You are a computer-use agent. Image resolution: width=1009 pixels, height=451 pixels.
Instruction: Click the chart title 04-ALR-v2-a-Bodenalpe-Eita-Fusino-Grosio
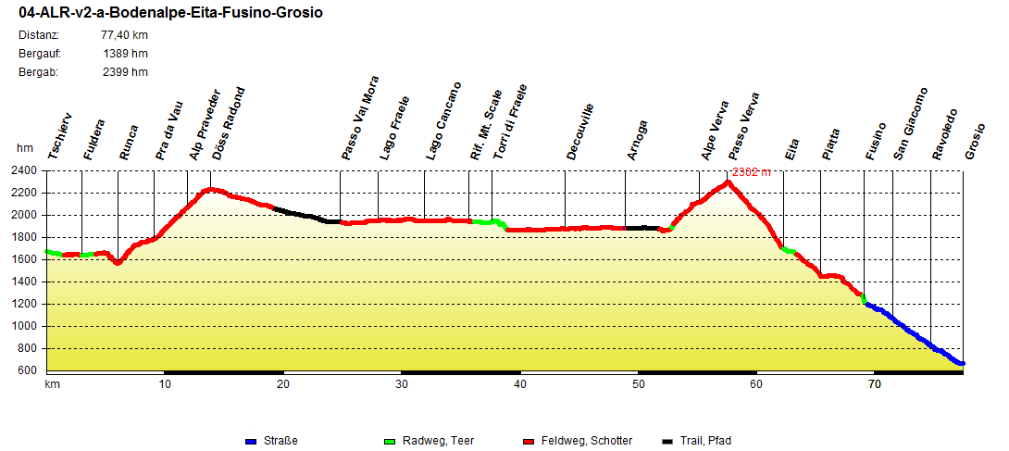coord(171,14)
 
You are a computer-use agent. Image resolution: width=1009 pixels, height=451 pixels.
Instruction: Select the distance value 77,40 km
coord(124,35)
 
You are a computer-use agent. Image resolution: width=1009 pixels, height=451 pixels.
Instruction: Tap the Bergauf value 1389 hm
coord(126,54)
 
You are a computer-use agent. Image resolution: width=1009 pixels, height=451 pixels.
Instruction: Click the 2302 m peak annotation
coord(751,172)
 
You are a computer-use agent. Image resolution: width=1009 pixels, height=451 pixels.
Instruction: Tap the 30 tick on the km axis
coord(402,383)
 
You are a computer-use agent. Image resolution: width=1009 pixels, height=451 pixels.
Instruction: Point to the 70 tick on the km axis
coord(874,383)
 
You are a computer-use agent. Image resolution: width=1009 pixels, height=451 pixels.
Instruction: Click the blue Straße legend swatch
coord(252,441)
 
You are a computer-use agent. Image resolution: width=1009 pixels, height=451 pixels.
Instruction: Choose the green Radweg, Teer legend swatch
coord(390,441)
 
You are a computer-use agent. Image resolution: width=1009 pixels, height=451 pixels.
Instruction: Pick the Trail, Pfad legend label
coord(707,441)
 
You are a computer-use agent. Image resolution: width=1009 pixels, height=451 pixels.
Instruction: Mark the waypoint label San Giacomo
coord(910,123)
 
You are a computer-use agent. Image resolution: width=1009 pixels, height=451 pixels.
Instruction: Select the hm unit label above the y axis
coord(25,148)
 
